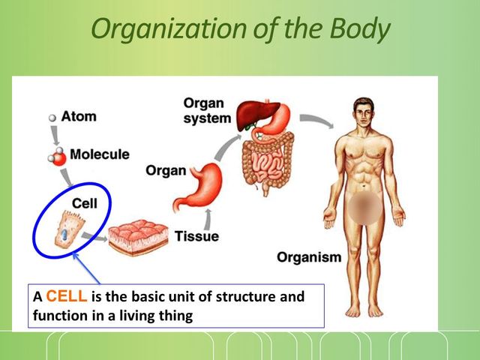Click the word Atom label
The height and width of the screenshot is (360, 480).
click(x=79, y=117)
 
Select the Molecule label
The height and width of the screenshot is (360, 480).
click(x=100, y=154)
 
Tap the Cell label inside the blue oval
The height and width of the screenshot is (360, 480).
click(x=84, y=202)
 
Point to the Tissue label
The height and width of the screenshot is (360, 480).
click(x=196, y=237)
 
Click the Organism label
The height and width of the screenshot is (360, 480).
click(x=309, y=258)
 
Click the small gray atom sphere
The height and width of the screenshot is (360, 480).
click(x=52, y=118)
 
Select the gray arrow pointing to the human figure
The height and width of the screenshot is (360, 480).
click(x=316, y=120)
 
